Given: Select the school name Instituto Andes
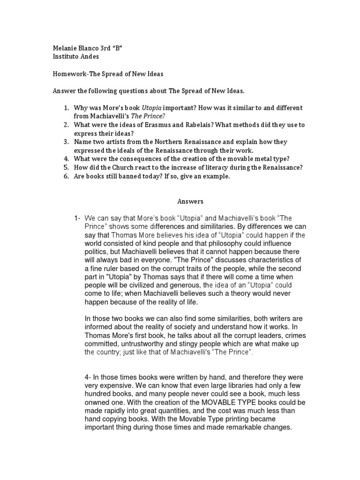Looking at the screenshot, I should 76,57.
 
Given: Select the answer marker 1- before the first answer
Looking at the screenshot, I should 77,218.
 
